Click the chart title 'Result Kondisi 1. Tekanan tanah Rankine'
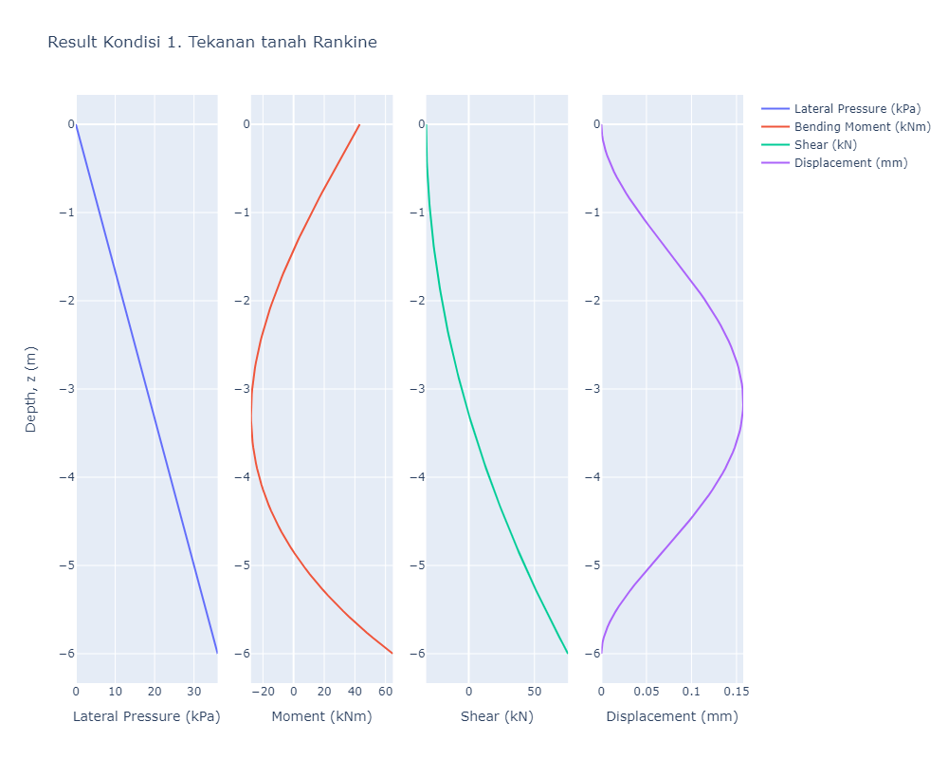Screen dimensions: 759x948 pos(212,42)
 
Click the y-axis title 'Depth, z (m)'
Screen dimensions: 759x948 pos(30,389)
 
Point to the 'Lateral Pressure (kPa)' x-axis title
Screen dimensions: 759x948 pos(146,717)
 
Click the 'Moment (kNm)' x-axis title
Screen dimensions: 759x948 pos(321,717)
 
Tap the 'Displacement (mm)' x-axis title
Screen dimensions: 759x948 pos(672,717)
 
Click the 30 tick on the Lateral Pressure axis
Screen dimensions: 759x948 pos(193,691)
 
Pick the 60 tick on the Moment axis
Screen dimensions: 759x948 pos(386,691)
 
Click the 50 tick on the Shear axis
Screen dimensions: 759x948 pos(534,691)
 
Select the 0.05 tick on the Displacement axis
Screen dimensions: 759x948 pos(647,691)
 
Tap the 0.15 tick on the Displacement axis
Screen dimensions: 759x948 pos(737,691)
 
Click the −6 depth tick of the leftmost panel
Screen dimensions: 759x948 pos(66,654)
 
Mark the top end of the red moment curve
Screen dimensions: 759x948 pos(359,124)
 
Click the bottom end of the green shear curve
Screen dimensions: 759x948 pos(567,653)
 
